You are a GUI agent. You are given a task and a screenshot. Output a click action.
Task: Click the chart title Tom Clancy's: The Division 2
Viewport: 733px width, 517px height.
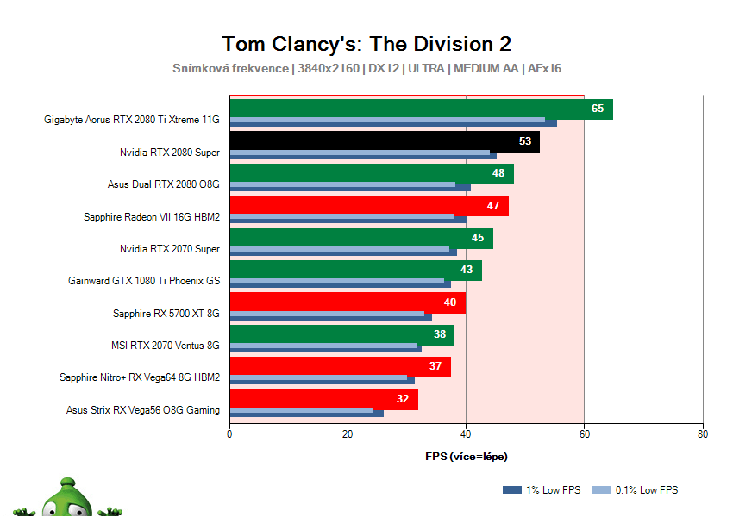(366, 44)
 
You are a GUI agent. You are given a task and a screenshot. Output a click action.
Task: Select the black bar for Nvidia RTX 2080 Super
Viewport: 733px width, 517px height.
(384, 140)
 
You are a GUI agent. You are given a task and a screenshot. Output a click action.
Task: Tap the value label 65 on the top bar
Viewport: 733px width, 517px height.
(598, 109)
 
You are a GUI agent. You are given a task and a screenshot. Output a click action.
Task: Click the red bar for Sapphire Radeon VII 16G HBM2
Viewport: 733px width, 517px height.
(368, 205)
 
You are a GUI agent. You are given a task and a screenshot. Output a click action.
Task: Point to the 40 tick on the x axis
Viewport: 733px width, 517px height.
(466, 433)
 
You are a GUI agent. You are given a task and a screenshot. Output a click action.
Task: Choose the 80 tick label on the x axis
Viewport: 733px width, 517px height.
(703, 433)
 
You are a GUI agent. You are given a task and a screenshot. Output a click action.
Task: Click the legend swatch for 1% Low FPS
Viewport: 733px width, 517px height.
(511, 490)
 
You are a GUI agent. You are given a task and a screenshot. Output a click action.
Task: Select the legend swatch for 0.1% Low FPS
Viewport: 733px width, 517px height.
(603, 490)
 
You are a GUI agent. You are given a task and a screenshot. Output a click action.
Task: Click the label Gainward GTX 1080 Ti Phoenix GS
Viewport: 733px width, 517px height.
(144, 281)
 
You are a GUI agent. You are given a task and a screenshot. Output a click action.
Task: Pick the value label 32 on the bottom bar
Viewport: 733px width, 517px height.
(403, 399)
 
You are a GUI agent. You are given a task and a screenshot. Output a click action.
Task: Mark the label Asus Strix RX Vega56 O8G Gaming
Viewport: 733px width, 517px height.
(143, 410)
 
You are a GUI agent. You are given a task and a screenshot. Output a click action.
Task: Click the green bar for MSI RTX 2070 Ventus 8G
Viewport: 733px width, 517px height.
(341, 334)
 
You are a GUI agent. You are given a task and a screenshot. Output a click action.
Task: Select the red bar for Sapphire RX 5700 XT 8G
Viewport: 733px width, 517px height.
(347, 302)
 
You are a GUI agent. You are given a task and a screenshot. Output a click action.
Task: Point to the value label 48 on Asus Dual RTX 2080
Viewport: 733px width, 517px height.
(498, 173)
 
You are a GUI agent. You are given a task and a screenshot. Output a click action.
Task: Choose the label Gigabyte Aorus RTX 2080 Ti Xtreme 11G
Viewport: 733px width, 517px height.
(132, 120)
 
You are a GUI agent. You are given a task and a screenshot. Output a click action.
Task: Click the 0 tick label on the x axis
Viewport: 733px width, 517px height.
(229, 433)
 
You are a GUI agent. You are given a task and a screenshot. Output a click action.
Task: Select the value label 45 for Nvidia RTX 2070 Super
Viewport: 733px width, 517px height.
(478, 238)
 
